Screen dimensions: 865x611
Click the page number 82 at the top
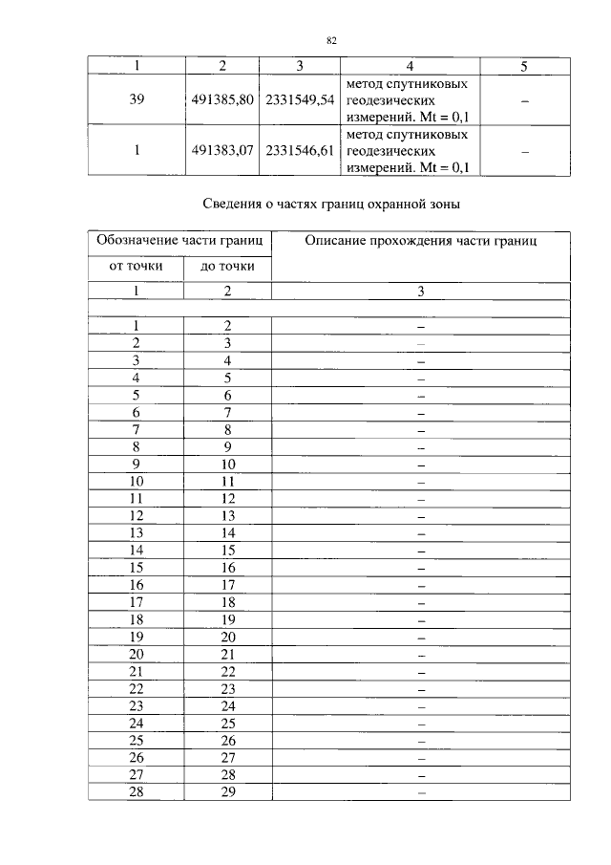pyautogui.click(x=332, y=40)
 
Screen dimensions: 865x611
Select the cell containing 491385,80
pyautogui.click(x=222, y=99)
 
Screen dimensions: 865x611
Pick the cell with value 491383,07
pyautogui.click(x=222, y=151)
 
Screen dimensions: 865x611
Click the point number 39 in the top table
pyautogui.click(x=137, y=99)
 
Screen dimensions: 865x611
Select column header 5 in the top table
pyautogui.click(x=524, y=66)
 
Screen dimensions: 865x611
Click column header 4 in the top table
pyautogui.click(x=410, y=66)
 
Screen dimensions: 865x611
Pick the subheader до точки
pyautogui.click(x=227, y=266)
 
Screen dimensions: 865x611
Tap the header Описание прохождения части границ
pyautogui.click(x=421, y=241)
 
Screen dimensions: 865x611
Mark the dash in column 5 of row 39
pyautogui.click(x=524, y=100)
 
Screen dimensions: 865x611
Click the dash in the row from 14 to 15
pyautogui.click(x=421, y=551)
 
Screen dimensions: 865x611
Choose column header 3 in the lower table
pyautogui.click(x=421, y=291)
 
